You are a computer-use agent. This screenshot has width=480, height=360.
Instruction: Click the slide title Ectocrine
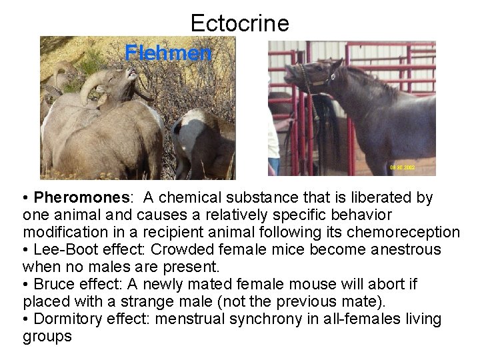pyautogui.click(x=239, y=23)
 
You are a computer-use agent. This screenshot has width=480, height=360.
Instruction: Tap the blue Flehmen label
pyautogui.click(x=169, y=53)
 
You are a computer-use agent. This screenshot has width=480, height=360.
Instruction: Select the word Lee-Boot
pyautogui.click(x=61, y=250)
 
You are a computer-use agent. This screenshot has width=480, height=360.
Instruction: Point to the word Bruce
pyautogui.click(x=55, y=285)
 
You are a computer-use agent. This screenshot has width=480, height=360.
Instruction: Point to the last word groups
pyautogui.click(x=47, y=337)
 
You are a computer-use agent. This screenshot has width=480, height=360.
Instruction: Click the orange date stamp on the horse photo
pyautogui.click(x=402, y=167)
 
